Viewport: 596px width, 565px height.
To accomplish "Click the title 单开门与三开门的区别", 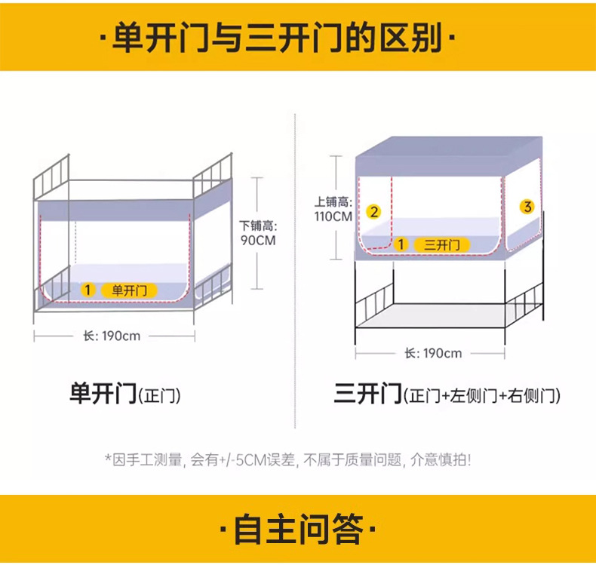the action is pos(277,38).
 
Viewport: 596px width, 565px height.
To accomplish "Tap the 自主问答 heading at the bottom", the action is pos(298,529).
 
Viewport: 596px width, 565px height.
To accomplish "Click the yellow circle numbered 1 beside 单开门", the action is pos(88,290).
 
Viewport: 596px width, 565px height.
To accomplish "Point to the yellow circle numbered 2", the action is pos(373,212).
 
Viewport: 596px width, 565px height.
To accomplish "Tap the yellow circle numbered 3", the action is pos(527,206).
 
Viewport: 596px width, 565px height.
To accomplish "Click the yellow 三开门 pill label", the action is pos(442,244).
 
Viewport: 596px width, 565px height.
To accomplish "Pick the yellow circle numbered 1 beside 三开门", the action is pos(401,244).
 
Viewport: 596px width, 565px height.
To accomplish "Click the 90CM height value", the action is pos(259,241).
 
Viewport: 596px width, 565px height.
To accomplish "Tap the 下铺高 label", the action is pos(259,226).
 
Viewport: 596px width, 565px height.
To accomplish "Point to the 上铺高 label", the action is pos(333,202).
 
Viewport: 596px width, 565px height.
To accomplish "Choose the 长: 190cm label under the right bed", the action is pos(433,353).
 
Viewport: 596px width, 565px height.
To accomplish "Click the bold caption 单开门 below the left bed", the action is pos(103,395).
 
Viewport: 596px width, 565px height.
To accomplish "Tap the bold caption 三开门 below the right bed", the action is pos(367,395).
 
